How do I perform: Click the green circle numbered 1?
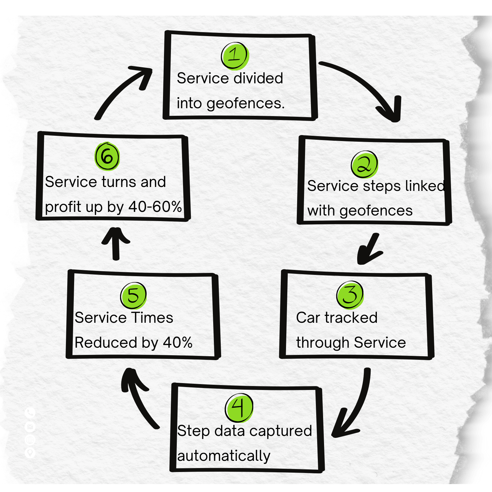[x=235, y=55]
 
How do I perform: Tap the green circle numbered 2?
[x=364, y=165]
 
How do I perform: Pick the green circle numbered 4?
[x=239, y=408]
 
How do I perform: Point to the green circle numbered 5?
[x=133, y=295]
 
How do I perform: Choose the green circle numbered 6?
[x=107, y=156]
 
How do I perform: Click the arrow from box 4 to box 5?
[x=138, y=397]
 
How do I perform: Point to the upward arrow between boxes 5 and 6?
[x=116, y=243]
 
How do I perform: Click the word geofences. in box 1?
[x=245, y=104]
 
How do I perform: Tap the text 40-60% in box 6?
[x=155, y=207]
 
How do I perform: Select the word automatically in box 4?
[x=224, y=456]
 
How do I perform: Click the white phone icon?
[x=30, y=413]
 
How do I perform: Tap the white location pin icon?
[x=30, y=453]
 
